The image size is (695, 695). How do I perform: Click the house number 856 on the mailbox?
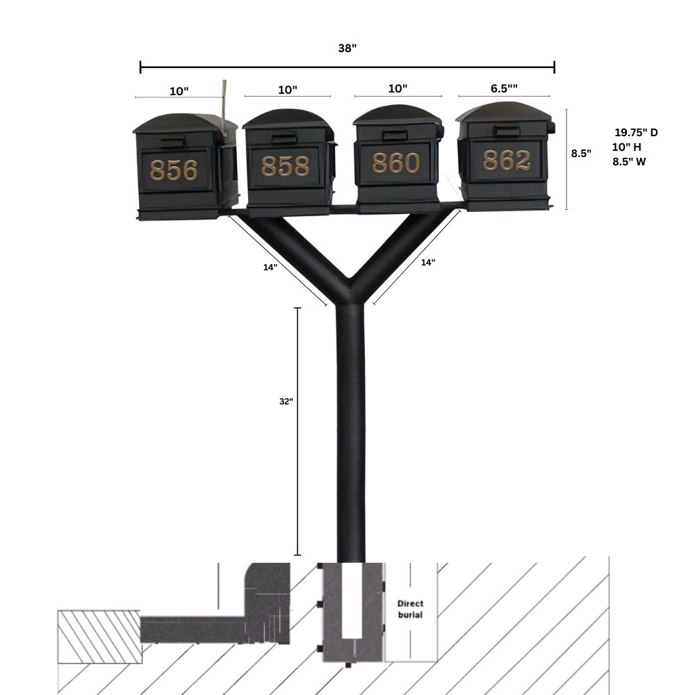coord(174,170)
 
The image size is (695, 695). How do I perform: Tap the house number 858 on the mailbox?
coord(285,167)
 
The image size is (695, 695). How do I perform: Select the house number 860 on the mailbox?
coord(396,163)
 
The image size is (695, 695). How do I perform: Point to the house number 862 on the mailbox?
coord(507,161)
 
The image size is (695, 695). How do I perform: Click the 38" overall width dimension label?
coord(347,49)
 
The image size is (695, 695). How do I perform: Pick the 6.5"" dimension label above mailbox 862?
coord(504,88)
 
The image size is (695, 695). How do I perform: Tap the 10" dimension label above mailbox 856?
coord(179,91)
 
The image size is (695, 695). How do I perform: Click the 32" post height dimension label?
coord(286,402)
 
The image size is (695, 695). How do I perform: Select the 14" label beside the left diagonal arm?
coord(270,268)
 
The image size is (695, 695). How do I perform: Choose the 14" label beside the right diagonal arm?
coord(427,263)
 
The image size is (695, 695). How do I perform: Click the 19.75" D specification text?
coord(635,132)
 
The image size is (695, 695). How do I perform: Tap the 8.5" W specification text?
coord(629,161)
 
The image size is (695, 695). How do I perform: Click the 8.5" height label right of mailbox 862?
coord(581,154)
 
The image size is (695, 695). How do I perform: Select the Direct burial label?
coord(409,609)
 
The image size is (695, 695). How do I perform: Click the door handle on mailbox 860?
coord(395,136)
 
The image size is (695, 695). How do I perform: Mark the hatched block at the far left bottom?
coord(99,636)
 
